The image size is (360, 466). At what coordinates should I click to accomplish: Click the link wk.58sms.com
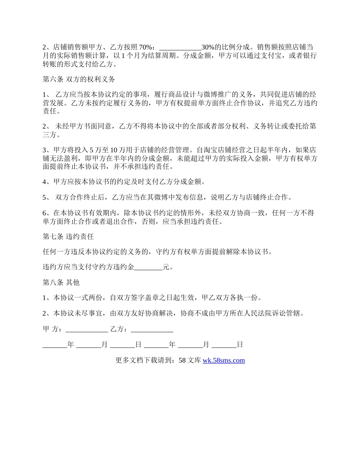pyautogui.click(x=224, y=360)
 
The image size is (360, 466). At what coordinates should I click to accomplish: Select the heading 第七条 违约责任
pyautogui.click(x=68, y=236)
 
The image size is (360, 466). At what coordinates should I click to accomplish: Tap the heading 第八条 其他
pyautogui.click(x=61, y=282)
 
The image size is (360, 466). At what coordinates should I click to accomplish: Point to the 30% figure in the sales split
pyautogui.click(x=208, y=47)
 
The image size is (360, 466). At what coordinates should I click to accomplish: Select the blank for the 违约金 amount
pyautogui.click(x=149, y=267)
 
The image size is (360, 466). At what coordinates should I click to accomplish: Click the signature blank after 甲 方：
pyautogui.click(x=87, y=330)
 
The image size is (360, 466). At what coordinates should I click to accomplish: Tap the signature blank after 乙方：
pyautogui.click(x=152, y=330)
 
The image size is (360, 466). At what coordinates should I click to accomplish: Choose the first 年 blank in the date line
pyautogui.click(x=55, y=345)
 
